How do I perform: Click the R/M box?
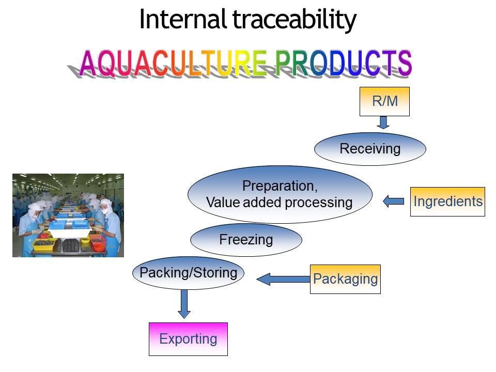click(x=384, y=101)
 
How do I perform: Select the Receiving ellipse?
click(x=370, y=149)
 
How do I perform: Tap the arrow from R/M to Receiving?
click(x=383, y=122)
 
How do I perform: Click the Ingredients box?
click(x=447, y=202)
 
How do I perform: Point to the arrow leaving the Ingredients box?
click(x=394, y=202)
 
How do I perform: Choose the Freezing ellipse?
click(x=246, y=240)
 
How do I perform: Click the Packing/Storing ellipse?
click(x=188, y=272)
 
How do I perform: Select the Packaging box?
click(x=345, y=279)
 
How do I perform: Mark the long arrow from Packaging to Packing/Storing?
click(x=283, y=280)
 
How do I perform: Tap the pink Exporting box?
click(x=188, y=339)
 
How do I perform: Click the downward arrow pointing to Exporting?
click(x=184, y=304)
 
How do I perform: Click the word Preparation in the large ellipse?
click(x=280, y=186)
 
